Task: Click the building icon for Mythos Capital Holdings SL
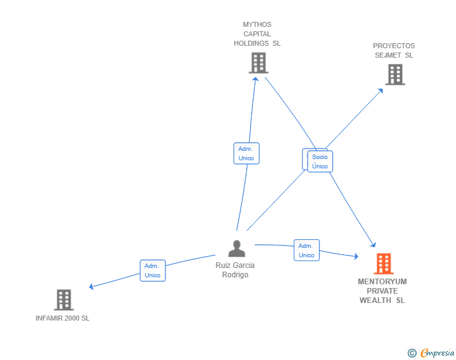[258, 63]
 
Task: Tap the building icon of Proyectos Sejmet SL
[395, 75]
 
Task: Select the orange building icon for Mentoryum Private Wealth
[383, 264]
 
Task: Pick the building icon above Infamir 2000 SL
[63, 300]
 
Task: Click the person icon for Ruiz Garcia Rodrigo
[236, 249]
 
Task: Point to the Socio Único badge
[320, 162]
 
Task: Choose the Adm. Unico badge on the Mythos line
[246, 153]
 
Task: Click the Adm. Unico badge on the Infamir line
[152, 270]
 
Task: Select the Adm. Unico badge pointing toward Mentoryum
[306, 250]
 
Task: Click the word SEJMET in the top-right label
[388, 55]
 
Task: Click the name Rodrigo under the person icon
[235, 275]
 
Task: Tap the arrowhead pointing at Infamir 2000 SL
[91, 287]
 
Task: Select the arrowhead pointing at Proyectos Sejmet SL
[381, 90]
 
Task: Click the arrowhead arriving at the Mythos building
[256, 79]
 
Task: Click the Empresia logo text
[437, 353]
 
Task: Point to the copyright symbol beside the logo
[412, 354]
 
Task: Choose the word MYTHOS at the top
[257, 25]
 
